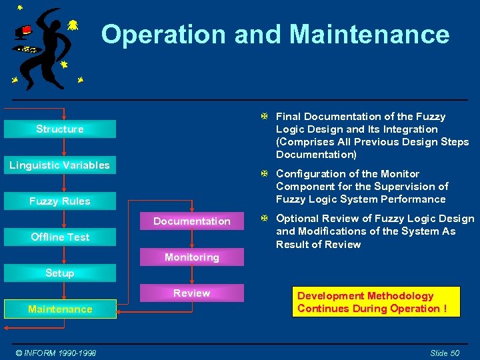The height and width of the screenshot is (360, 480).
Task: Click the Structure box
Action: [x=60, y=129]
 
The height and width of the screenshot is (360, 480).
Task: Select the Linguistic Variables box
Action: [x=60, y=165]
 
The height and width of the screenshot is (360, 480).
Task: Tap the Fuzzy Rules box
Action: [x=60, y=201]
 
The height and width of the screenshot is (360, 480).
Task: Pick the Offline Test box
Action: [x=60, y=237]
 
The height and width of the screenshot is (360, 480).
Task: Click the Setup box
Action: [x=60, y=273]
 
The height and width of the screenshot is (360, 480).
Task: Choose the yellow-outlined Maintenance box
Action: [x=60, y=309]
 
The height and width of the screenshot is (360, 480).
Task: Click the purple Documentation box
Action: [x=192, y=221]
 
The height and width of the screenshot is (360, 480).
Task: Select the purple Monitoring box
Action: [x=192, y=257]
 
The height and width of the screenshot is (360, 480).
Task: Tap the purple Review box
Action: [x=192, y=293]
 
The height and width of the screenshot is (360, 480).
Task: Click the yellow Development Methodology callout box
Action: [x=376, y=302]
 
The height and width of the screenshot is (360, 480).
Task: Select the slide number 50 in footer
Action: [x=445, y=353]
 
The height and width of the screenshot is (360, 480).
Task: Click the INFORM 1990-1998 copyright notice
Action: [x=57, y=353]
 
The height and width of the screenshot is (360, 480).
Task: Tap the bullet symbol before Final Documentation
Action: [x=264, y=117]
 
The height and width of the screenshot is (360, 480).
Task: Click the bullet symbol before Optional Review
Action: [x=264, y=219]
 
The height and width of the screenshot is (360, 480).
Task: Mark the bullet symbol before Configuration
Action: [x=264, y=174]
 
